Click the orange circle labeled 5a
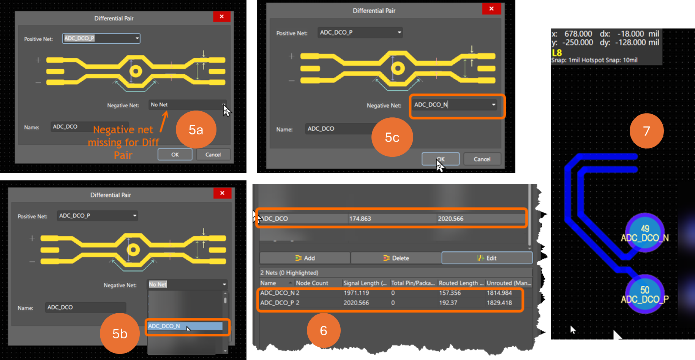coord(196,130)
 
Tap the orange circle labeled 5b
coord(120,333)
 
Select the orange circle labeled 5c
coord(392,137)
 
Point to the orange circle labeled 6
coord(324,330)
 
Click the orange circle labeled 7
coord(646,131)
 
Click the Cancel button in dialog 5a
coord(213,155)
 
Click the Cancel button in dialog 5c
coord(482,159)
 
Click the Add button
coord(305,258)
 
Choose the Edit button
coord(487,258)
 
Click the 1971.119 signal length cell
coord(356,293)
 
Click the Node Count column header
coord(312,283)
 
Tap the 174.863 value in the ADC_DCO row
coord(360,219)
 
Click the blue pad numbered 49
coord(645,232)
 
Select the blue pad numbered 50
coord(645,294)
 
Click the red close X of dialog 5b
coord(222,193)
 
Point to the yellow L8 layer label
coord(557,53)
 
